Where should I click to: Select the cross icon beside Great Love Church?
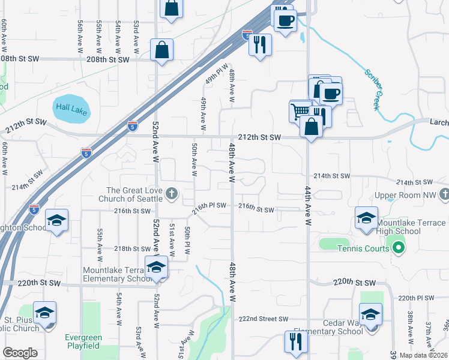[172, 193]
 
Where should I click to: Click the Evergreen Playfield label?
[83, 341]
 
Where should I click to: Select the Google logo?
[20, 353]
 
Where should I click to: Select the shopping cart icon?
[300, 110]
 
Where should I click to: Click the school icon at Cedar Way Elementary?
[370, 314]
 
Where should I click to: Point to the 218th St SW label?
[132, 248]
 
